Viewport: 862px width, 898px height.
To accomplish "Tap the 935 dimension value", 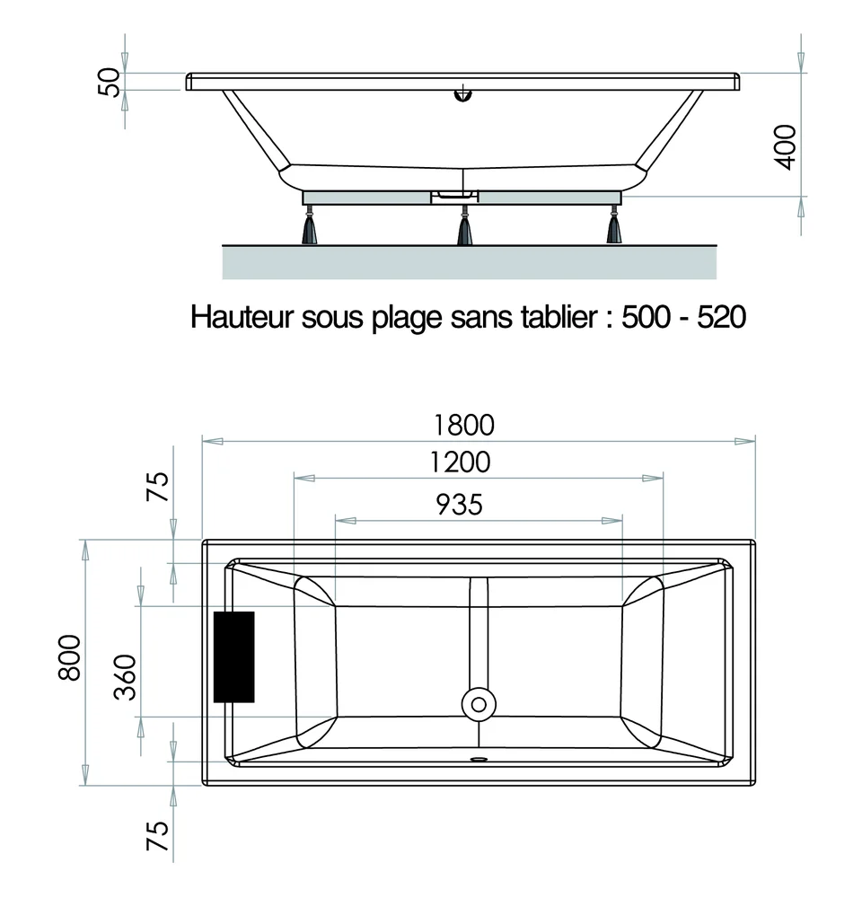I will [x=459, y=505].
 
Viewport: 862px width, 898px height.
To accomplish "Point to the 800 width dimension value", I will [x=71, y=657].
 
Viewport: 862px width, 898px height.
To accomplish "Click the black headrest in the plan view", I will [x=233, y=656].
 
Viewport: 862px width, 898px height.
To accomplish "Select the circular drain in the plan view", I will [x=478, y=703].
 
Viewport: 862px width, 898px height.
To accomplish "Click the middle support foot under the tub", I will [x=464, y=230].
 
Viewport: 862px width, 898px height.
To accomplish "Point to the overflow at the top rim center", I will [x=463, y=93].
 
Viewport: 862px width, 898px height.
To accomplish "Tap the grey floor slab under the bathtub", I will [x=470, y=261].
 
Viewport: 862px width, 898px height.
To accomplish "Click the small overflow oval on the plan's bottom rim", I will [x=478, y=756].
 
